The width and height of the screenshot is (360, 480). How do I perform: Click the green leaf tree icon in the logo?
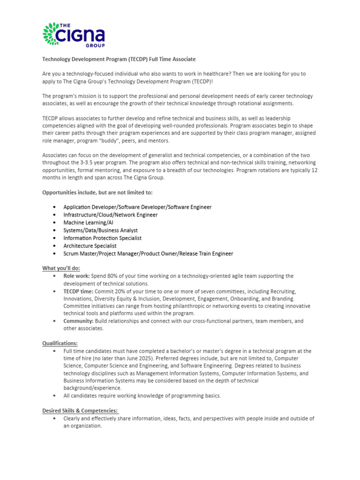pyautogui.click(x=52, y=34)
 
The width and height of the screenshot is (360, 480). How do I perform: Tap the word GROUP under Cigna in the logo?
pyautogui.click(x=95, y=45)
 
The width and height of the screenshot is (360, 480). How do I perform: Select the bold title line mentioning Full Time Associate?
pyautogui.click(x=119, y=59)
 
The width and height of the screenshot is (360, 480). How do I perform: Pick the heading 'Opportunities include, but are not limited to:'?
pyautogui.click(x=97, y=193)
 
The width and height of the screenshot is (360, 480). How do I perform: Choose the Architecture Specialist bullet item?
pyautogui.click(x=90, y=246)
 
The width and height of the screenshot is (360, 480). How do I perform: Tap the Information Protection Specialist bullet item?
pyautogui.click(x=102, y=238)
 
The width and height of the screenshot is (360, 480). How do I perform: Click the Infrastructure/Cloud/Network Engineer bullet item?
pyautogui.click(x=110, y=215)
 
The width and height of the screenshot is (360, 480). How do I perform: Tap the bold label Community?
pyautogui.click(x=78, y=321)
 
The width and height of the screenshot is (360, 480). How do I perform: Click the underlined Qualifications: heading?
pyautogui.click(x=60, y=343)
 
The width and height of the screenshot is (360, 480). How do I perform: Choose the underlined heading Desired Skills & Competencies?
pyautogui.click(x=80, y=411)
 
